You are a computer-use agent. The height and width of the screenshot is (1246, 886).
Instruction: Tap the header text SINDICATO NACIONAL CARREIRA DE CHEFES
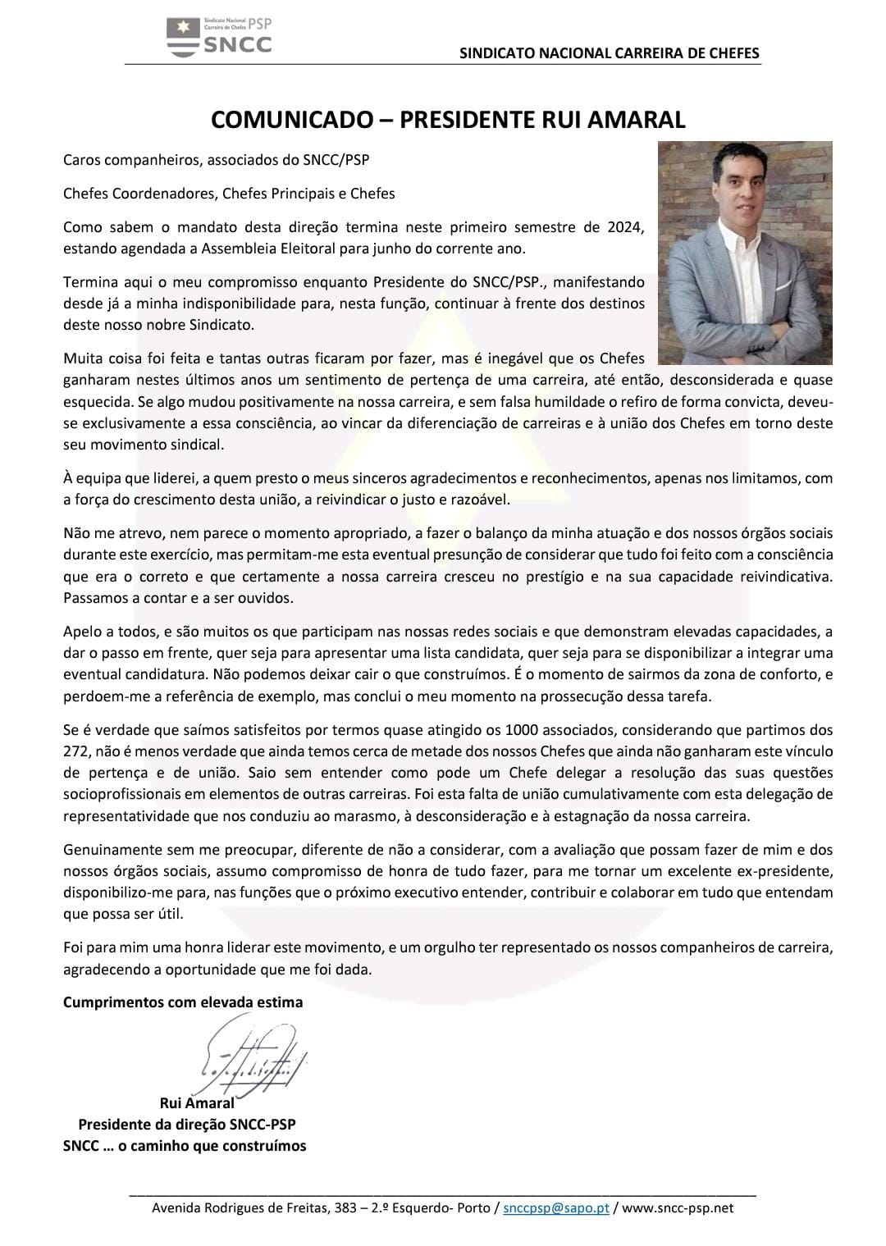[609, 53]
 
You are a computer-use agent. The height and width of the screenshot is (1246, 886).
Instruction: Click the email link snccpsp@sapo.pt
[555, 1207]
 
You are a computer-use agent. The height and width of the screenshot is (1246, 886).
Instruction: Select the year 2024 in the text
[626, 226]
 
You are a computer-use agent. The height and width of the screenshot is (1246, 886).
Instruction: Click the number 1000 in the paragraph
[522, 729]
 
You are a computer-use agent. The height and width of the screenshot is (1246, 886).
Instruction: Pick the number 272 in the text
[75, 751]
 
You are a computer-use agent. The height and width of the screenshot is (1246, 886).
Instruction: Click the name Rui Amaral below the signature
[197, 1102]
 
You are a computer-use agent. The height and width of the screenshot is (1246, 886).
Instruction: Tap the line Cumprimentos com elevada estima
[183, 1002]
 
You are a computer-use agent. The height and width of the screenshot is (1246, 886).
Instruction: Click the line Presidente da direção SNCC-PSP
[187, 1124]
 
